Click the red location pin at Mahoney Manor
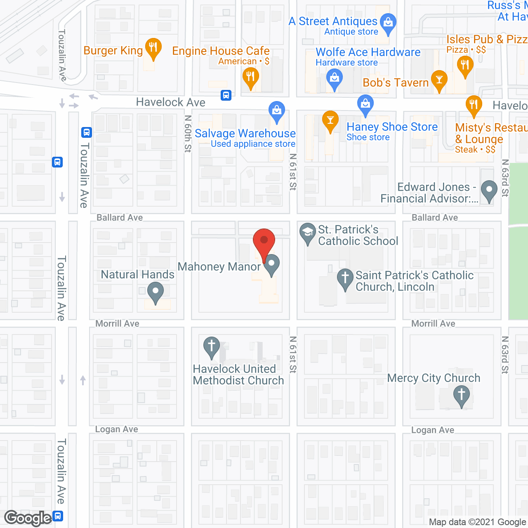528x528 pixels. (264, 241)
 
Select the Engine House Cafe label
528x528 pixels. (221, 51)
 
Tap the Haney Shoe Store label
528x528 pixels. (392, 127)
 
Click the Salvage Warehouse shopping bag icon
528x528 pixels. (276, 110)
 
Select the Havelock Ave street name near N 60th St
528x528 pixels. (171, 102)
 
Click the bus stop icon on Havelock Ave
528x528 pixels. (226, 95)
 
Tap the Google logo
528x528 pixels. (28, 518)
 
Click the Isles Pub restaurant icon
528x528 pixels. (465, 65)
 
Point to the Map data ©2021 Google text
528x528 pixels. (478, 522)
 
